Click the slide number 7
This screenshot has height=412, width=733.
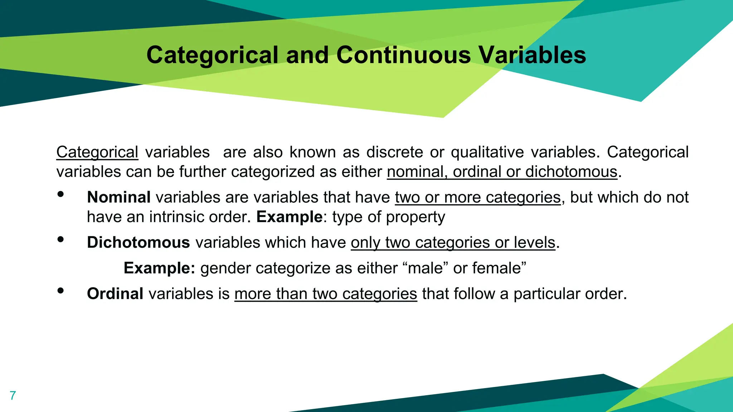[13, 396]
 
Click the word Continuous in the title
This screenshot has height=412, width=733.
[403, 55]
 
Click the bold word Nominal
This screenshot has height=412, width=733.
[118, 197]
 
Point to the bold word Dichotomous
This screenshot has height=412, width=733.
[138, 242]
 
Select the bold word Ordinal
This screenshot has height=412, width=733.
[115, 294]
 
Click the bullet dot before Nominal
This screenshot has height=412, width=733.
[60, 194]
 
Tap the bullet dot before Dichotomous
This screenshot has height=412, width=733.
[60, 239]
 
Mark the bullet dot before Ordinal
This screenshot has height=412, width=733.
[60, 291]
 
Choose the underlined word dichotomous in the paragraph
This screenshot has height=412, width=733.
[571, 172]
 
